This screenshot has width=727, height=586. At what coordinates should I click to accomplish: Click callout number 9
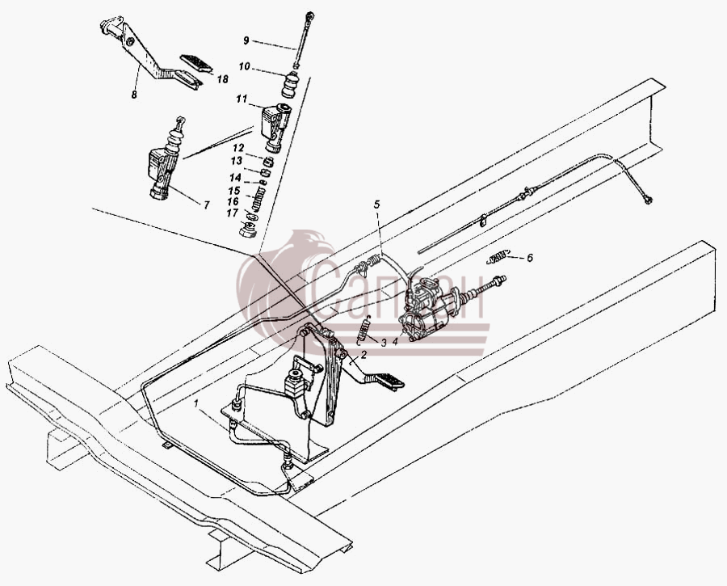pyautogui.click(x=246, y=41)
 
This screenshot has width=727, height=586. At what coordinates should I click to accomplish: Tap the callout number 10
pyautogui.click(x=244, y=67)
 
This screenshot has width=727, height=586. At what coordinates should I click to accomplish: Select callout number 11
pyautogui.click(x=242, y=99)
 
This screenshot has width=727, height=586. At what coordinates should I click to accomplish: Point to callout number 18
pyautogui.click(x=223, y=79)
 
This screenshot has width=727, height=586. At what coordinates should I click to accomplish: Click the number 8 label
pyautogui.click(x=134, y=95)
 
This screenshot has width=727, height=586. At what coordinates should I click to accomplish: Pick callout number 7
pyautogui.click(x=207, y=204)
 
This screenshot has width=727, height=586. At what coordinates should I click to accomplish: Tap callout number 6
pyautogui.click(x=529, y=258)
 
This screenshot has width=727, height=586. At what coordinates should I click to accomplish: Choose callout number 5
pyautogui.click(x=377, y=204)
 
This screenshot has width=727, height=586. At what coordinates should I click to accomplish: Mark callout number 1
pyautogui.click(x=196, y=403)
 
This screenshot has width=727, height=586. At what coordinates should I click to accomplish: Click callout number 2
pyautogui.click(x=363, y=355)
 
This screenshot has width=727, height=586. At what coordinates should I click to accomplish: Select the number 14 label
pyautogui.click(x=236, y=178)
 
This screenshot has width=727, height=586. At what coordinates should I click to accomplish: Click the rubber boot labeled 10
pyautogui.click(x=291, y=85)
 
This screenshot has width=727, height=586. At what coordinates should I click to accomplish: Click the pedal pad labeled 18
pyautogui.click(x=196, y=63)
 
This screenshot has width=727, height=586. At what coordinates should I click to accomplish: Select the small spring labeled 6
pyautogui.click(x=498, y=256)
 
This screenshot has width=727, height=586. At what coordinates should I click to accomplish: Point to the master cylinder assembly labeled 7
pyautogui.click(x=166, y=161)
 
